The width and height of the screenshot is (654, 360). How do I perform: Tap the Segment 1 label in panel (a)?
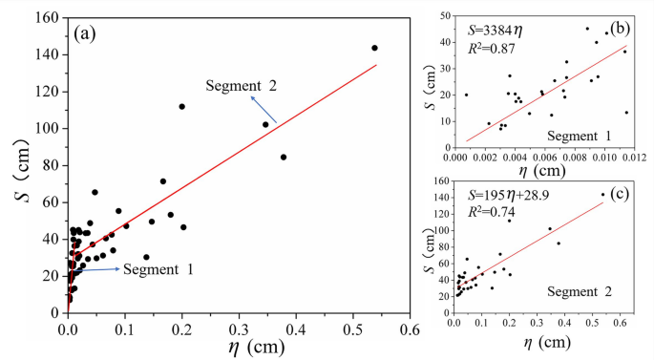pos(158,270)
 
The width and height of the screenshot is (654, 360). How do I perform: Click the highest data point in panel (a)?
pos(374,48)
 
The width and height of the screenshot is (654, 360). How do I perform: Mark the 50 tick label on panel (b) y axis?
pos(441,16)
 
